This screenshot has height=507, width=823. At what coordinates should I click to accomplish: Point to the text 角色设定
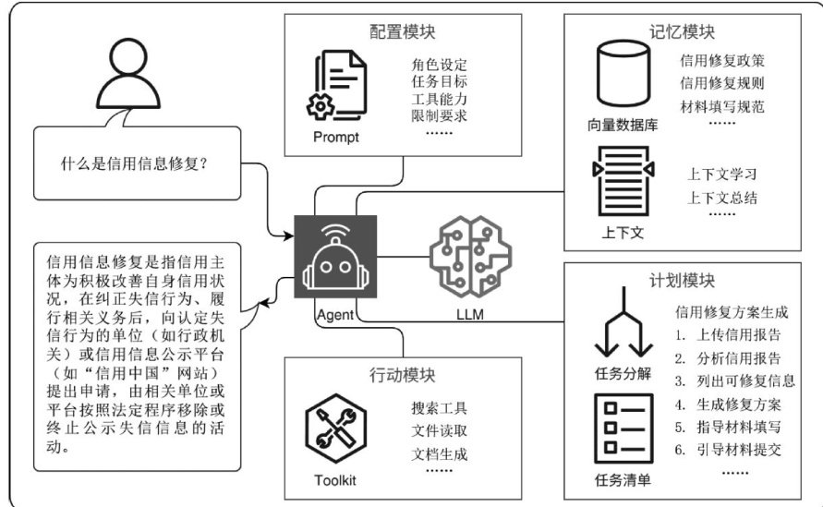439,66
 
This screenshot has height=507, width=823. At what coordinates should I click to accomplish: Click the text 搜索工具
440,407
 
